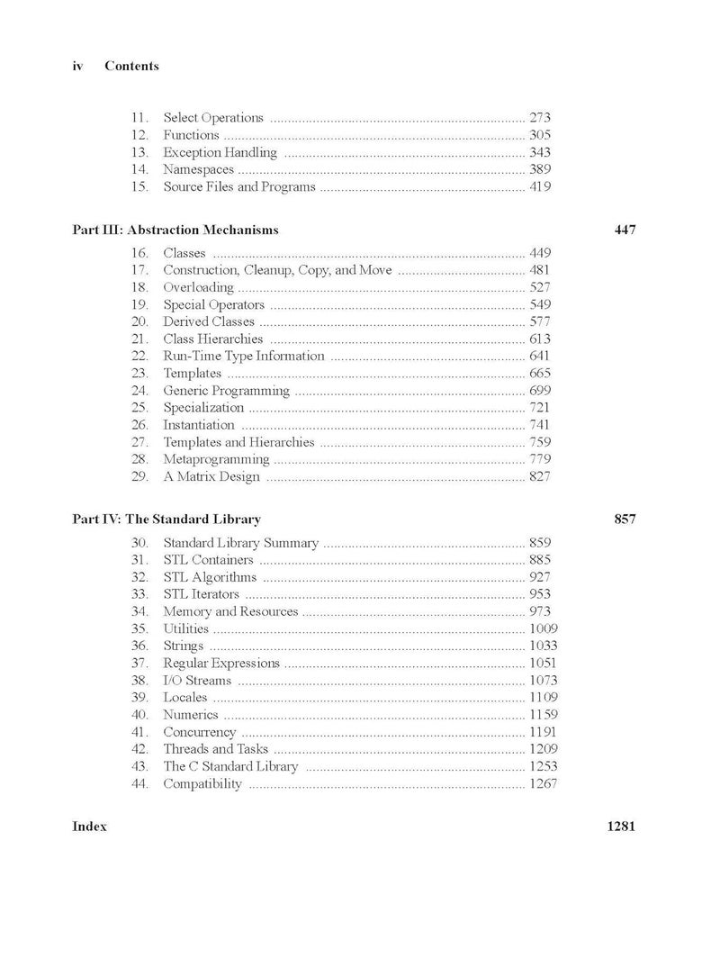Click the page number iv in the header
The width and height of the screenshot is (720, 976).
(x=77, y=66)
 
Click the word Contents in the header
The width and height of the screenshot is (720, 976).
(x=131, y=66)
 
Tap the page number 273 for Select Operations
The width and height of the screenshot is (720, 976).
(x=540, y=117)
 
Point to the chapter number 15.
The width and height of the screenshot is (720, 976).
(x=139, y=187)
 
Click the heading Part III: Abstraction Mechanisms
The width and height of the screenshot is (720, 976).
(x=175, y=230)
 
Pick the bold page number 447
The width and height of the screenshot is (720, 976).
(x=625, y=230)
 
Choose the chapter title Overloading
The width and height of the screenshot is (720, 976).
(x=198, y=287)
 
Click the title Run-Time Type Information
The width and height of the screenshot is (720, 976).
(x=243, y=356)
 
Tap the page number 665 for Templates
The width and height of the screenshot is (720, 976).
(x=540, y=373)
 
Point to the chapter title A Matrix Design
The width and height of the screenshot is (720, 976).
(x=211, y=476)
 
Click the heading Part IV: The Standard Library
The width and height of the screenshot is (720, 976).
(x=166, y=520)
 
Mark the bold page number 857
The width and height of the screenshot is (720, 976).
(x=625, y=520)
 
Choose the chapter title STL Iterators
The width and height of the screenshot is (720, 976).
(x=201, y=594)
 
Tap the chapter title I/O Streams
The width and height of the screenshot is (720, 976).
(x=197, y=681)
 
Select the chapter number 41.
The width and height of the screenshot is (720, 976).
(x=139, y=732)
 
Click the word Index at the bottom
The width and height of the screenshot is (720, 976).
(x=89, y=827)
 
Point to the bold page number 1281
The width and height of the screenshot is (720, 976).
(x=622, y=827)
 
